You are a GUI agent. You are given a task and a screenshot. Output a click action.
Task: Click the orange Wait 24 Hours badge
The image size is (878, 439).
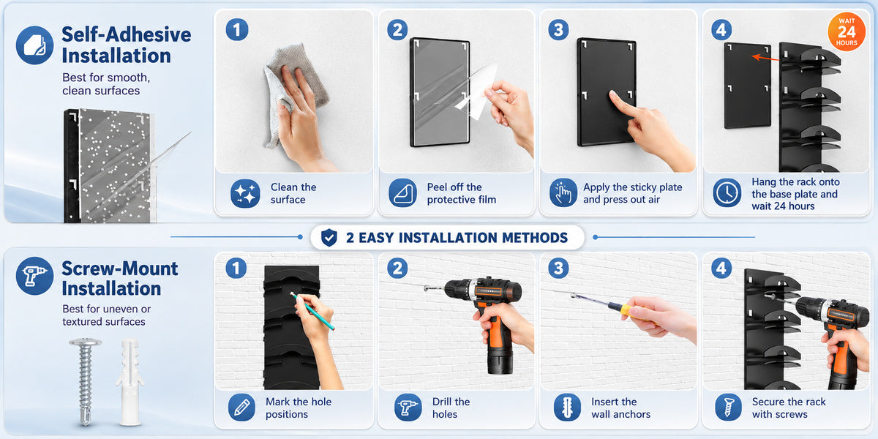(847, 32)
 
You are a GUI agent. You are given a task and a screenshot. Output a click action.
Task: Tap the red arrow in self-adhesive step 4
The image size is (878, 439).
(765, 58)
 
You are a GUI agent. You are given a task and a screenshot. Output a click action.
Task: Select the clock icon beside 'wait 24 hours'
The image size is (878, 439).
(727, 193)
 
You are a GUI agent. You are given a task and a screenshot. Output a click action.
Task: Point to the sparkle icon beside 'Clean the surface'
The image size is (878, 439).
(245, 193)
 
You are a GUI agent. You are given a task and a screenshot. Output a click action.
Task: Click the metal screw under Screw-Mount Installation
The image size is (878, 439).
(86, 381)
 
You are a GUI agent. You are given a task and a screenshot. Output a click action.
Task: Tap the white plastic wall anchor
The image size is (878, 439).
(130, 382)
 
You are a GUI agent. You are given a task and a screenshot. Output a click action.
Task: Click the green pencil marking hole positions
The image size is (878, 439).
(312, 311)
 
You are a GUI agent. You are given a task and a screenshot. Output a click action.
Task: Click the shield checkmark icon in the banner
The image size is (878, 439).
(329, 238)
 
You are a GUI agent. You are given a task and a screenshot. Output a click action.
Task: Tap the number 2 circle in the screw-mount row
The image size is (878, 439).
(397, 269)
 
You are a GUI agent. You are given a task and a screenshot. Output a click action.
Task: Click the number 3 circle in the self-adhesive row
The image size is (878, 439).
(558, 30)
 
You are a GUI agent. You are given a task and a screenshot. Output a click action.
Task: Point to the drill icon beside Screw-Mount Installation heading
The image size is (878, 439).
(34, 276)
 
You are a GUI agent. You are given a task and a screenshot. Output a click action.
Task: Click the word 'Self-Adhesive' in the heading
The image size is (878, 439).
(126, 34)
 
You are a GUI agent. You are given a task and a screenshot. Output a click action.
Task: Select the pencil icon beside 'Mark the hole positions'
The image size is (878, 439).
(242, 408)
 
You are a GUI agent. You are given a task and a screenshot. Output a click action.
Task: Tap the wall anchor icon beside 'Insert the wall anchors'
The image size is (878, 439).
(567, 408)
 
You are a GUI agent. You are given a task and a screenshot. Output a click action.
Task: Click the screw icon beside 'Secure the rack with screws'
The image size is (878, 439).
(728, 408)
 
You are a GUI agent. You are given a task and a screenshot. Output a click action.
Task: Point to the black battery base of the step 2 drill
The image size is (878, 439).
(500, 361)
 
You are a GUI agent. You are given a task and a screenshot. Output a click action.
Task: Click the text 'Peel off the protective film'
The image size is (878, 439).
(462, 193)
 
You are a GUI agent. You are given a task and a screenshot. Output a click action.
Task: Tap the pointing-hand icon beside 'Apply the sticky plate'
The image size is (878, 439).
(563, 193)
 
